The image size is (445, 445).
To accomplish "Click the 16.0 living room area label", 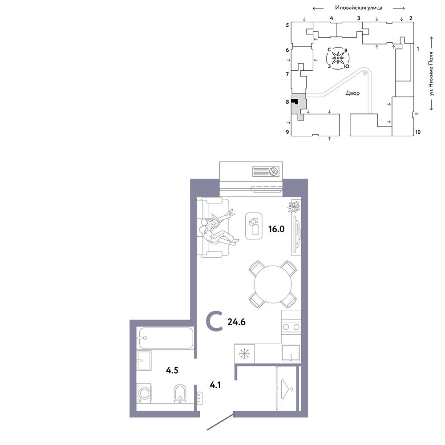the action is pos(276,229).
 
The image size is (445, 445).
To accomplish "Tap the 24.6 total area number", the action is pos(236,322).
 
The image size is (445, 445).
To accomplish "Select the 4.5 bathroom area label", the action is pos(172,370).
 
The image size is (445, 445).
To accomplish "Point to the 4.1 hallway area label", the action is pos(215,385).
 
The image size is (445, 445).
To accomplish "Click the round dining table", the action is pos(273,284).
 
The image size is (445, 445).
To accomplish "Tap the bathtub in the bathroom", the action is pos(166,338).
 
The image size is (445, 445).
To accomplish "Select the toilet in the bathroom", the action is pos(180,394).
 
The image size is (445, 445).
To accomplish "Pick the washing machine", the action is pos(144,393).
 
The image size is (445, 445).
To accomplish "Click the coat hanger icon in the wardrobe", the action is pos(287,388).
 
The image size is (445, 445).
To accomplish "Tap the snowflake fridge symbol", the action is pos(244,354).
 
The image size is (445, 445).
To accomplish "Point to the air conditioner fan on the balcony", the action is pos(274,172).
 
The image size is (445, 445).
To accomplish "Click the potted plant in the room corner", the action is pos(294,206).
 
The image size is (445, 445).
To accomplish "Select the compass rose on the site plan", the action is pos(338,58).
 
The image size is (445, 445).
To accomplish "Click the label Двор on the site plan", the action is pos(352,93).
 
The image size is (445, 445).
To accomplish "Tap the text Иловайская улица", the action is pos(358,8).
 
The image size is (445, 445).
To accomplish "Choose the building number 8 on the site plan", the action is pos(287,101).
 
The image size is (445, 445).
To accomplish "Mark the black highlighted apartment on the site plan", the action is pos(294,102).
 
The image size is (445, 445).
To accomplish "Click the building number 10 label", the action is pos(418,132).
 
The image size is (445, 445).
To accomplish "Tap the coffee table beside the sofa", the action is pos(254,226).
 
